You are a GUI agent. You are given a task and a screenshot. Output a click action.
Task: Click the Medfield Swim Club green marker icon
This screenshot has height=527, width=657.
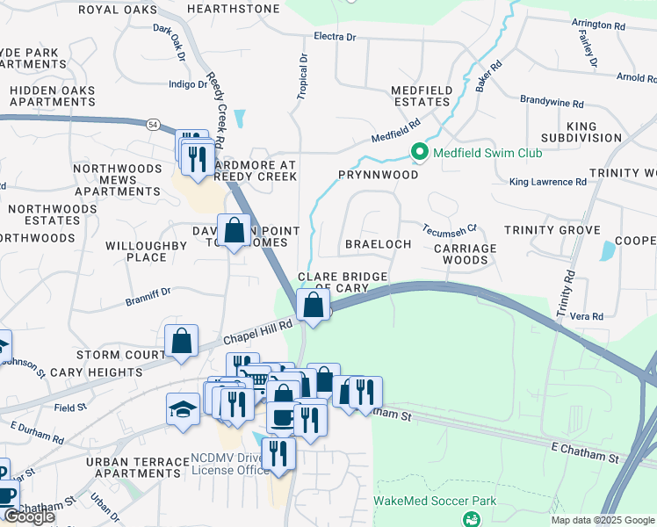420,153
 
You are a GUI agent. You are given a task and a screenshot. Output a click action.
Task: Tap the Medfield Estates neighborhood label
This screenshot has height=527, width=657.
422,97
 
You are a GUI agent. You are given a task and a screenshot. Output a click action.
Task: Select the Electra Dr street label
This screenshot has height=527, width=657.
336,37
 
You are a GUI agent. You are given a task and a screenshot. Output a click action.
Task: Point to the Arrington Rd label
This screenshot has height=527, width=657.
598,25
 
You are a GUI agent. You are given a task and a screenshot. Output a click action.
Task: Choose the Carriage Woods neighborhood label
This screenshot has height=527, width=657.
465,254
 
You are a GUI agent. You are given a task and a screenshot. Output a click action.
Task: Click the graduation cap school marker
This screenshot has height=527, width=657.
183,408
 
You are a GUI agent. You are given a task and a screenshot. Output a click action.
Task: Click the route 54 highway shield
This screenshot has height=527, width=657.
153,126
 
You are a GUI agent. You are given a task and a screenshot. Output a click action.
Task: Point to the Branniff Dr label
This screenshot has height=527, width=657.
148,291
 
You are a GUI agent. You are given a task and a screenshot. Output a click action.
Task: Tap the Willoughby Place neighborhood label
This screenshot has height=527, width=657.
147,251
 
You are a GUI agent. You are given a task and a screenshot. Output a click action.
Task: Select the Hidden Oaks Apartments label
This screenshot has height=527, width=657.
53,96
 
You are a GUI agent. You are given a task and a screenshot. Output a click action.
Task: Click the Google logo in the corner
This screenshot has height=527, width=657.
29,517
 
